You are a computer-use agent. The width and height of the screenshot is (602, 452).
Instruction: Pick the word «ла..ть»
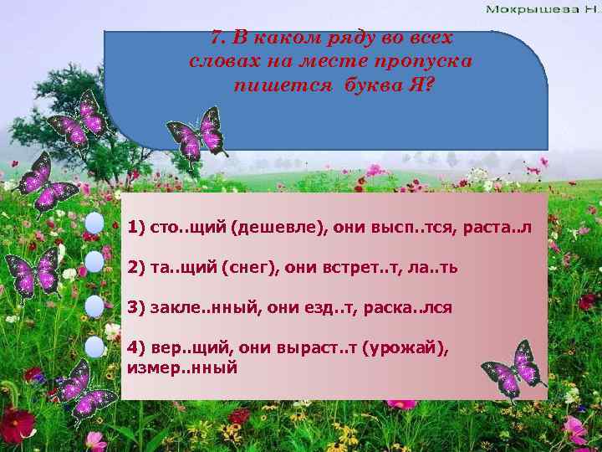(435, 267)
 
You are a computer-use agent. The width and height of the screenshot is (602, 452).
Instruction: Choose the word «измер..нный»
(182, 367)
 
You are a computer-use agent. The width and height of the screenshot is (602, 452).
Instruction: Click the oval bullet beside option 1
(94, 223)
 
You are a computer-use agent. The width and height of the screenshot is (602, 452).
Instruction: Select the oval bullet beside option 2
(94, 263)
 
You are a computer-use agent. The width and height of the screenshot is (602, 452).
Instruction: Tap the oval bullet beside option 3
(94, 305)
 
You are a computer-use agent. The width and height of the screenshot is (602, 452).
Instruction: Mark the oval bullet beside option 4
(94, 346)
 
